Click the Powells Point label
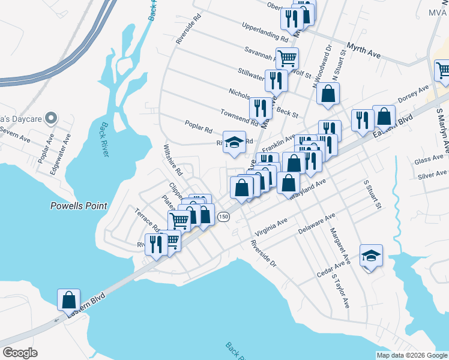pos(78,206)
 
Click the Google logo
pos(20,353)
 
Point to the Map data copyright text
pos(412,355)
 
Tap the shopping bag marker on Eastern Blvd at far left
pos(68,299)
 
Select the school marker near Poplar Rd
pos(235,142)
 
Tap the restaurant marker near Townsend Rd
pos(260,108)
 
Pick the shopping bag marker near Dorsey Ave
pos(384,116)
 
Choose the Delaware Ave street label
pos(316,224)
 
